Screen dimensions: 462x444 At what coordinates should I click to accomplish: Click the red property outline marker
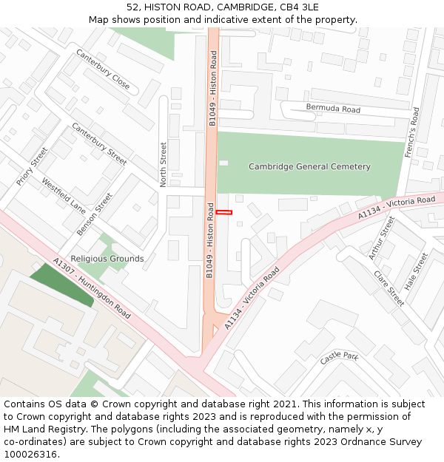click(x=224, y=213)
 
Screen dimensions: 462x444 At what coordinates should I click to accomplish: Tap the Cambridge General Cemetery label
click(x=309, y=167)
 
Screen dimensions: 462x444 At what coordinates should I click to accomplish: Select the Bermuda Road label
click(x=333, y=109)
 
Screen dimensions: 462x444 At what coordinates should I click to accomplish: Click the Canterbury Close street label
click(x=103, y=69)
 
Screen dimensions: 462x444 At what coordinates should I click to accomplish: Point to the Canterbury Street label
click(x=99, y=143)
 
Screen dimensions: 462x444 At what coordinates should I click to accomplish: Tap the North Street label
click(x=164, y=165)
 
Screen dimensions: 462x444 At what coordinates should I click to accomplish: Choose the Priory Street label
click(x=32, y=166)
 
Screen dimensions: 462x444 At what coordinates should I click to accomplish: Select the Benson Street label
click(x=95, y=214)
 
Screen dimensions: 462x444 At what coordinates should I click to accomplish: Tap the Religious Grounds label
click(x=107, y=259)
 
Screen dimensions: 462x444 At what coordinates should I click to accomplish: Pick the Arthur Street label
click(x=382, y=238)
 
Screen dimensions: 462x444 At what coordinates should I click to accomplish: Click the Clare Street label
click(x=389, y=289)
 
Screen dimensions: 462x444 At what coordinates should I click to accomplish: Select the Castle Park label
click(x=339, y=358)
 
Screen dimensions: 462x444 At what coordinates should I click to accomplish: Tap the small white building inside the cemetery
click(x=223, y=163)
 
